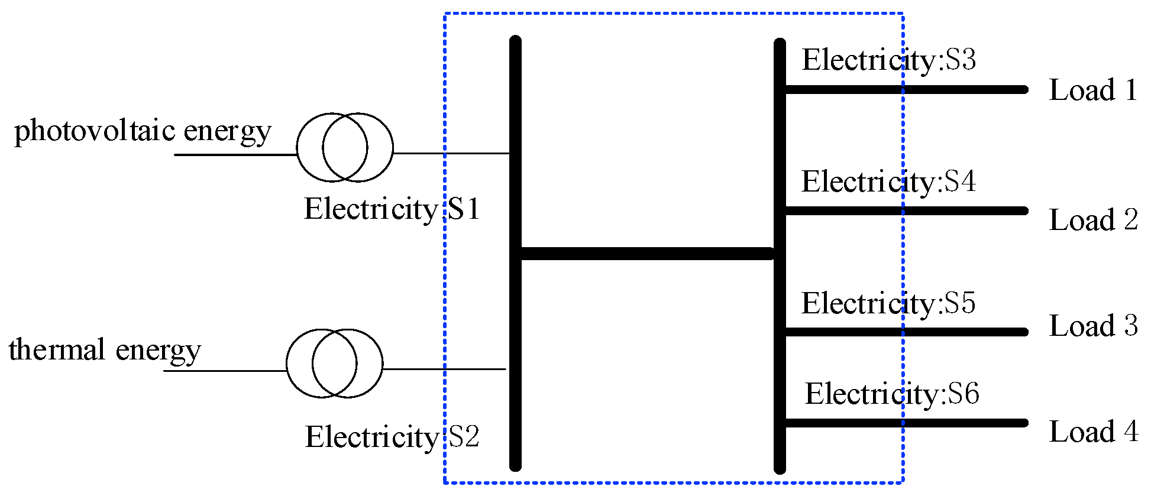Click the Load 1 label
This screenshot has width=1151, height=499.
point(1092,90)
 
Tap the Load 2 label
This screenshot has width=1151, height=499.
point(1092,220)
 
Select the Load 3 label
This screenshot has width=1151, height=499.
point(1092,326)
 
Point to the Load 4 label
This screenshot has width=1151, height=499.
point(1092,432)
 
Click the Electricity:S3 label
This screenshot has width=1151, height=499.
point(888,60)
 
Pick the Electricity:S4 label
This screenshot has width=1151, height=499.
point(888,182)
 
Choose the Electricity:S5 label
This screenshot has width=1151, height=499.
point(888,303)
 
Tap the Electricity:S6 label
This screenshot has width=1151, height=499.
point(891,394)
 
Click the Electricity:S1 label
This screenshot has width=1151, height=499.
point(392,209)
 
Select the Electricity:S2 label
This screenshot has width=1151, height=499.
point(392,437)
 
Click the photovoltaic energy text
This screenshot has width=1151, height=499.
point(143,131)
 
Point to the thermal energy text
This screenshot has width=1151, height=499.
point(105,349)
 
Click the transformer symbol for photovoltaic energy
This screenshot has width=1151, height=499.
point(345,147)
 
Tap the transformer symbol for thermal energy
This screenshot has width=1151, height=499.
point(334,363)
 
